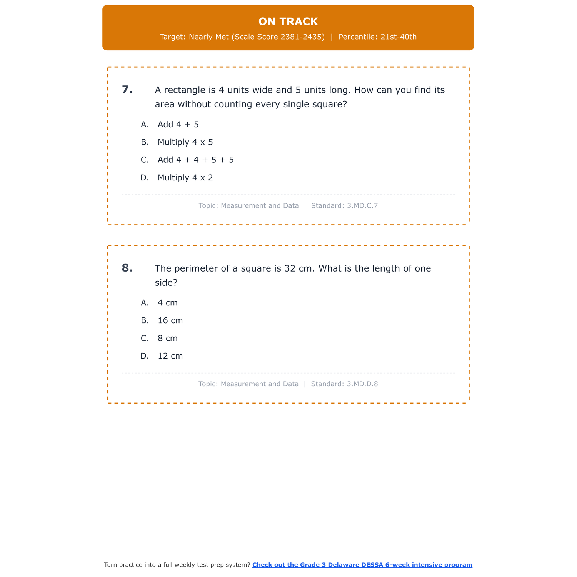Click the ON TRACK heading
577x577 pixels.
click(288, 22)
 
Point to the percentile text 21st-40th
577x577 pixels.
click(399, 37)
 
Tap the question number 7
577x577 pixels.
click(127, 90)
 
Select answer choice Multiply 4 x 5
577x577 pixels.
click(185, 142)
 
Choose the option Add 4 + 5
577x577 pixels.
click(178, 125)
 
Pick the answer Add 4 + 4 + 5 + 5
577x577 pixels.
click(195, 160)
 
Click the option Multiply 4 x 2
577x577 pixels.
click(185, 178)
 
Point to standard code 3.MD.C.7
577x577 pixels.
click(362, 206)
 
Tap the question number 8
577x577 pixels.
click(127, 268)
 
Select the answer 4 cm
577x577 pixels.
click(168, 303)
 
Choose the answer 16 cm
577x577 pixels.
click(170, 320)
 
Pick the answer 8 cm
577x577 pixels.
click(168, 339)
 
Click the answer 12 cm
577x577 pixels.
click(170, 356)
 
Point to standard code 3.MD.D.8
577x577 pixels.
click(362, 384)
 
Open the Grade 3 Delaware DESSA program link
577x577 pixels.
click(362, 565)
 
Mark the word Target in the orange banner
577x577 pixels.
click(172, 37)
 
